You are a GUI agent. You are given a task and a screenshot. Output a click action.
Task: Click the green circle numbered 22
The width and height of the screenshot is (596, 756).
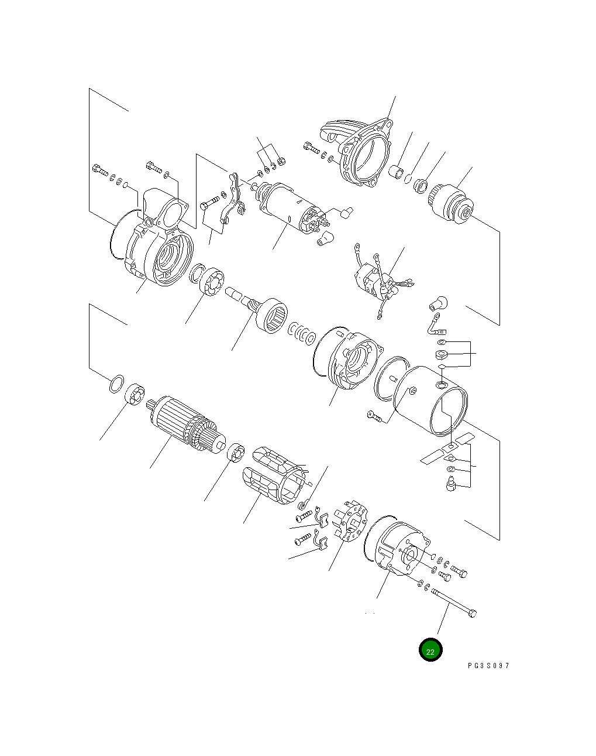coord(430,649)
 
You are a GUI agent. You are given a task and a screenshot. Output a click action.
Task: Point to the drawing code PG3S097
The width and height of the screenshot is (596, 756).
coord(488,666)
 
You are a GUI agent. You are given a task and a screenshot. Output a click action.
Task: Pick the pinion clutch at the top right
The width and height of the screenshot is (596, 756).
coord(456,202)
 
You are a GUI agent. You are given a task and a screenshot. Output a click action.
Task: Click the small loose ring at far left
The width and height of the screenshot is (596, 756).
coord(116,384)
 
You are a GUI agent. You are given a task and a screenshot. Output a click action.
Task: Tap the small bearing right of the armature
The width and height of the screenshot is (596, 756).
coord(236,453)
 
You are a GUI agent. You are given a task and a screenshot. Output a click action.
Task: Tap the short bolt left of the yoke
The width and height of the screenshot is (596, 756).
coord(375,416)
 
